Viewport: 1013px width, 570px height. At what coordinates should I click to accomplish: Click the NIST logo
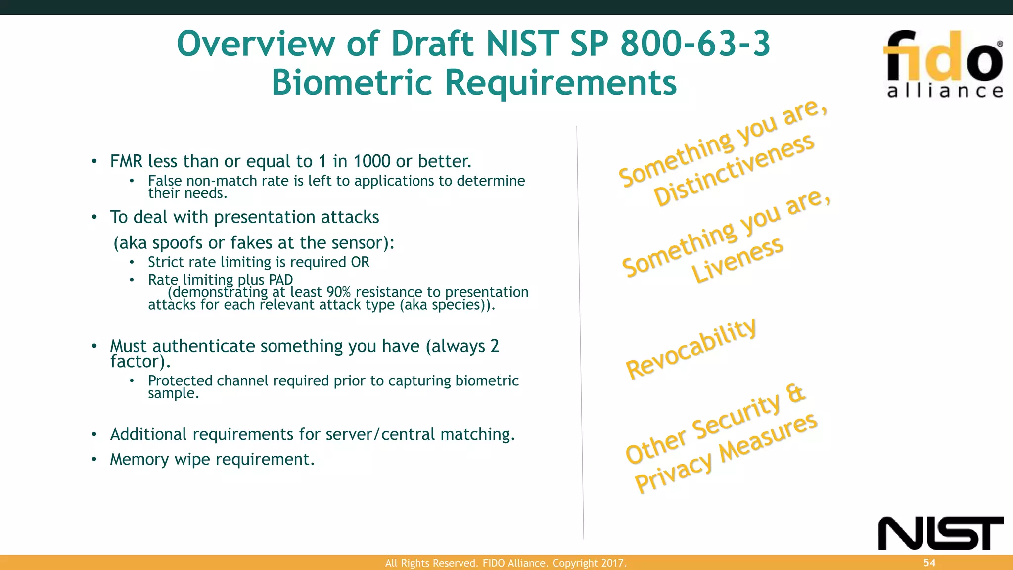tap(940, 533)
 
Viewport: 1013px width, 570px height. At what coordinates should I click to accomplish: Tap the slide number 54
tap(929, 563)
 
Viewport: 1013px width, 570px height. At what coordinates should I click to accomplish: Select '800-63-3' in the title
tap(695, 44)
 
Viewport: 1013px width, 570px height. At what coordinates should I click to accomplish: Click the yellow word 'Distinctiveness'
tap(734, 170)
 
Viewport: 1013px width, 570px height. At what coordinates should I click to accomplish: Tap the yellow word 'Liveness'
tap(737, 260)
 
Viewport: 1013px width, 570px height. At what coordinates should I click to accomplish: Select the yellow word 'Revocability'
tap(691, 348)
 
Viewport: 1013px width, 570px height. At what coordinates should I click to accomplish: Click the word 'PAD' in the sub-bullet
tap(280, 280)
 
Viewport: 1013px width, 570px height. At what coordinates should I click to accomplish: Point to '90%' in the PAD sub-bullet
tap(338, 292)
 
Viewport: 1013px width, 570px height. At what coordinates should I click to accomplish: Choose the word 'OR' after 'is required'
tap(360, 262)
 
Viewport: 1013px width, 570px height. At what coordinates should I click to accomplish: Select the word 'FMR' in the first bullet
tap(126, 161)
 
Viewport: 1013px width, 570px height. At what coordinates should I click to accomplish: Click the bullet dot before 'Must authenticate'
tap(94, 346)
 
